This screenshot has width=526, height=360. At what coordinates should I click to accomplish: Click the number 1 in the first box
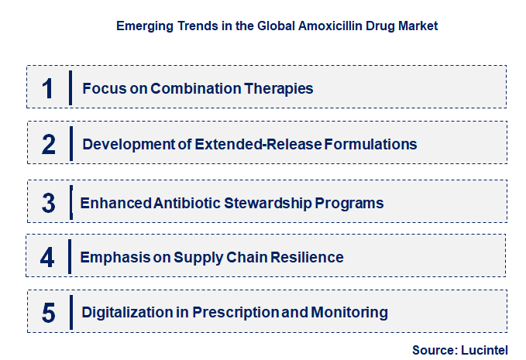coord(47,88)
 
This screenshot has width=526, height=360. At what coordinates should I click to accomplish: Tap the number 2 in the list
coord(49,145)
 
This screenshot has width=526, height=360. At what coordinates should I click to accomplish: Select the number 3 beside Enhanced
coord(49,203)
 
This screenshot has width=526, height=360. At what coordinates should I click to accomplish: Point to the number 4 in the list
coord(47,258)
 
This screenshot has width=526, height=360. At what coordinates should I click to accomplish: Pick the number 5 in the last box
coord(49,313)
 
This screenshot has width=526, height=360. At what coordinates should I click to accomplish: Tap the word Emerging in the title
coord(145,26)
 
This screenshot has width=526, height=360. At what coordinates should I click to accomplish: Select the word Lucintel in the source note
coord(484,350)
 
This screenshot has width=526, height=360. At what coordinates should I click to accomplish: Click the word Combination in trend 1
coord(195,88)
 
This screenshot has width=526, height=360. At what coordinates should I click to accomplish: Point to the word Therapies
coord(278,89)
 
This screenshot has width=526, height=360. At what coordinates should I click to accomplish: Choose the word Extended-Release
coord(258,145)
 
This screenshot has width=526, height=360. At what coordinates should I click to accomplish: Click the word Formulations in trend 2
coord(370,145)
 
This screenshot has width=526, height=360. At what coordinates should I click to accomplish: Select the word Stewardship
coord(268,204)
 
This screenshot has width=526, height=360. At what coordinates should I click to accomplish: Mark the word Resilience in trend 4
coord(307,258)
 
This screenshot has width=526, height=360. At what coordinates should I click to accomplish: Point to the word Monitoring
coord(349,313)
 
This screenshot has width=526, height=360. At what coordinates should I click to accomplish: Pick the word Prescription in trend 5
coord(235,313)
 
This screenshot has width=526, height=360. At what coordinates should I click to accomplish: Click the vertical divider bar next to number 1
coord(70,87)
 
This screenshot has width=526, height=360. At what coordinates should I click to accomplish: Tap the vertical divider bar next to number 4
coord(70,257)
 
